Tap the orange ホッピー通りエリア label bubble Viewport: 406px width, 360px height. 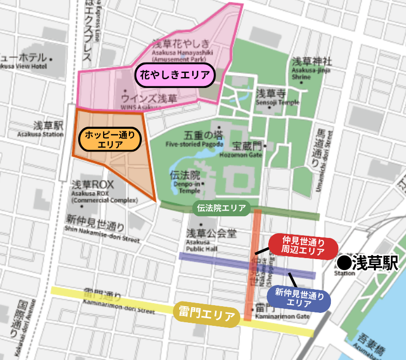coord(110,140)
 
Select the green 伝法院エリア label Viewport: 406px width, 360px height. coord(221,208)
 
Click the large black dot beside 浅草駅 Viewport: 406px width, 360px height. coord(343,263)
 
